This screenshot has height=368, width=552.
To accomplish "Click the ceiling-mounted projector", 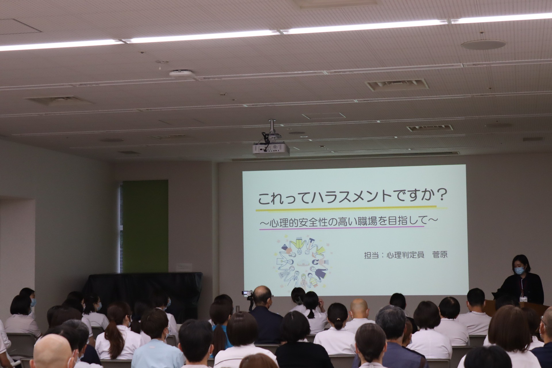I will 270,148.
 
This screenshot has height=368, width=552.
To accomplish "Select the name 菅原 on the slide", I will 440,255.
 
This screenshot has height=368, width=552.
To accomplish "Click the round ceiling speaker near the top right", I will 483,44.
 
